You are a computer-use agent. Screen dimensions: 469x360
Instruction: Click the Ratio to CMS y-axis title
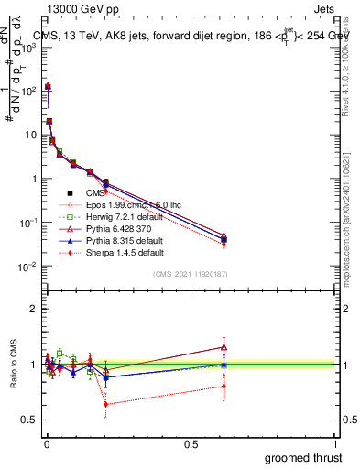10,365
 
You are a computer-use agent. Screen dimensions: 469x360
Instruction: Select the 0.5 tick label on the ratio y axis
29,420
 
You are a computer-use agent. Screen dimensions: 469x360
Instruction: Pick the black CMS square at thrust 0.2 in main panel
106,182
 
